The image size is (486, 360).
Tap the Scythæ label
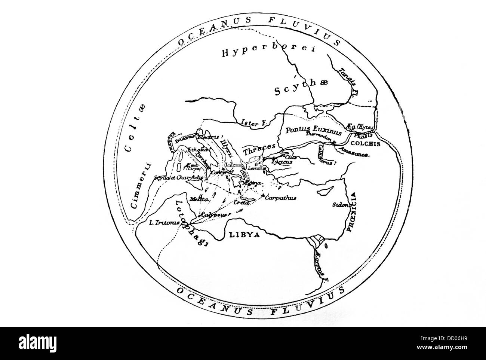point(301,89)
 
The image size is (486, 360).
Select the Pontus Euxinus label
point(313,131)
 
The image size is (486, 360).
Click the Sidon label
point(341,205)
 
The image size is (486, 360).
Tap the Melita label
point(199,199)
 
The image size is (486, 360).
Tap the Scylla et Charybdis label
point(179,177)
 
